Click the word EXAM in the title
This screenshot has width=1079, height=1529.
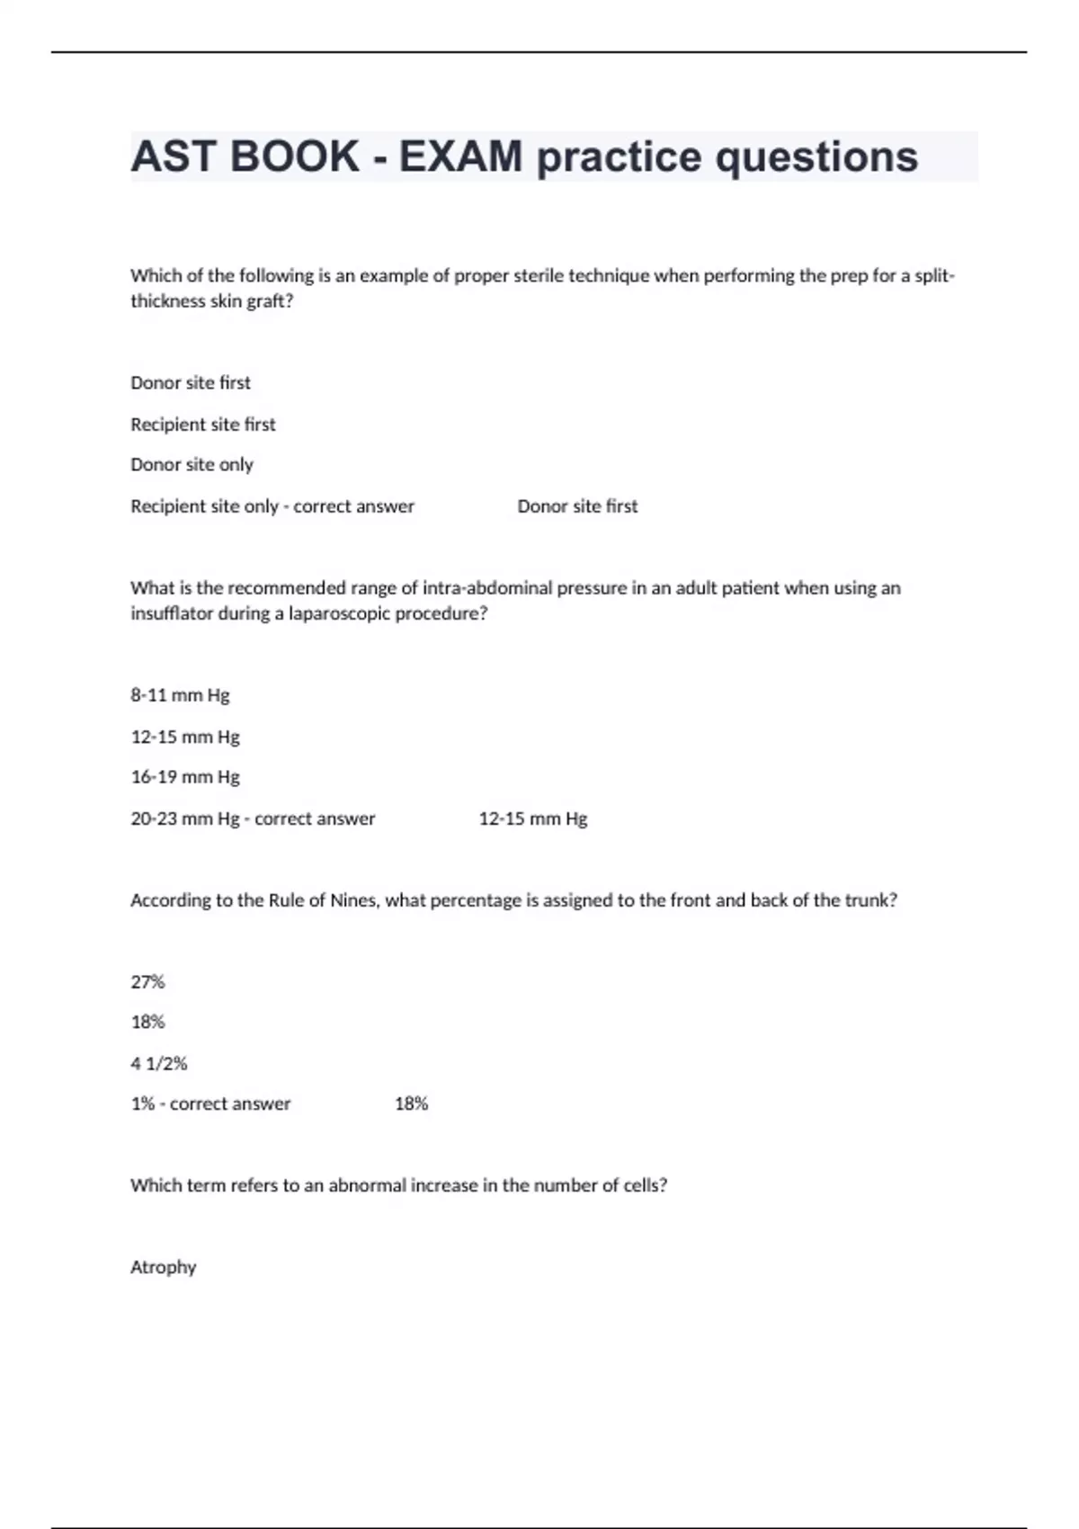[x=459, y=156]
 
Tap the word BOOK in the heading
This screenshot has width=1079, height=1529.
[x=294, y=156]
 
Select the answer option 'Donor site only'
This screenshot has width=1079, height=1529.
[x=192, y=465]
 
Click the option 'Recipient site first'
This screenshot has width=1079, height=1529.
[x=203, y=425]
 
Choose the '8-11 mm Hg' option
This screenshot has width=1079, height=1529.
[x=180, y=695]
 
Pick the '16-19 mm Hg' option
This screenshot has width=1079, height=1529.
[x=185, y=777]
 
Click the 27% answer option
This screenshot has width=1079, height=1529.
[x=147, y=982]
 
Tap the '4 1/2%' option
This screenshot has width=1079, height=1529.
[x=159, y=1064]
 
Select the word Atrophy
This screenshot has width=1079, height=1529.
[x=163, y=1267]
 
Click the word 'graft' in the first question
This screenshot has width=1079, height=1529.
[x=267, y=301]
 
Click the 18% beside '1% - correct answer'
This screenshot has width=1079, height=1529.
[x=411, y=1104]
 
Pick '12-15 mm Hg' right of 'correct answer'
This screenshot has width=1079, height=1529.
[x=533, y=819]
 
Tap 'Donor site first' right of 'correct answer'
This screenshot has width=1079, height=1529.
[x=577, y=506]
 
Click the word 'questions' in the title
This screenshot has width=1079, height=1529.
[x=816, y=156]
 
